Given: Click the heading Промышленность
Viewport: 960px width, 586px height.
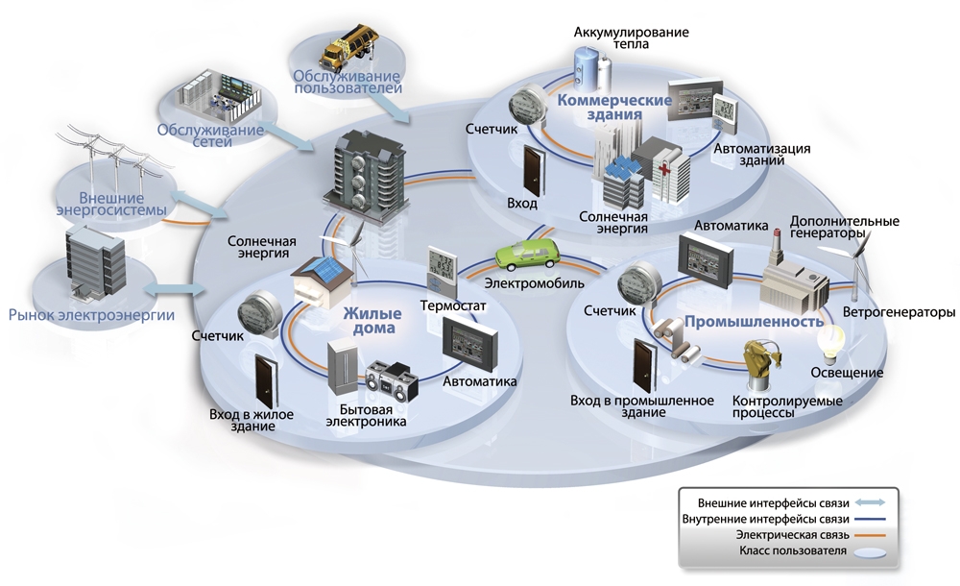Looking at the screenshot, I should click(x=754, y=322).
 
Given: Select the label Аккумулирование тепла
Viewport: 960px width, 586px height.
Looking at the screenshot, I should click(x=632, y=38).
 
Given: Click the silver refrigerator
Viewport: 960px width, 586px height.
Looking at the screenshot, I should click(x=343, y=368).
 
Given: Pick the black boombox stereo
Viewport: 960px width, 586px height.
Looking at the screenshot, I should click(x=392, y=383).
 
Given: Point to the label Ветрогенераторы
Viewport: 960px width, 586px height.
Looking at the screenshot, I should click(x=899, y=312).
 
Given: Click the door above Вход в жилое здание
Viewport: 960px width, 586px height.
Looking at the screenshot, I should click(x=266, y=380).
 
